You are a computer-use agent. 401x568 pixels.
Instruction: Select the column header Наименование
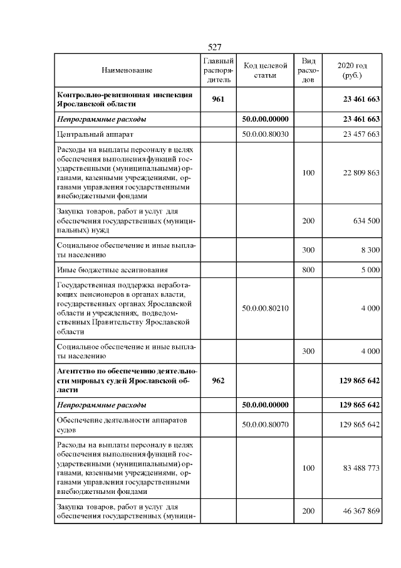pyautogui.click(x=127, y=71)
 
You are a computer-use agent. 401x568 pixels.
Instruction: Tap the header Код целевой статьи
pyautogui.click(x=265, y=71)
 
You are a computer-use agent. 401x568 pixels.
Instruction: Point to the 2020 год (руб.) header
pyautogui.click(x=352, y=71)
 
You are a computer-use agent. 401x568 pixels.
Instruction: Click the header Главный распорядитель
pyautogui.click(x=219, y=71)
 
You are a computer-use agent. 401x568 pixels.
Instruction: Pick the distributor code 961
pyautogui.click(x=219, y=99)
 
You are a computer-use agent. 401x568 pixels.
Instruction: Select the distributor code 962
pyautogui.click(x=219, y=381)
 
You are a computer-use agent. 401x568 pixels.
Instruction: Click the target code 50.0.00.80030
pyautogui.click(x=265, y=134)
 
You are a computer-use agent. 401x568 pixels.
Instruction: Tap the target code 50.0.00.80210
pyautogui.click(x=265, y=309)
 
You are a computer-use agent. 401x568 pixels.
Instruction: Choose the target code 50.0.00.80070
pyautogui.click(x=265, y=425)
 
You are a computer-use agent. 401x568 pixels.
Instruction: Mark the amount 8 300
pyautogui.click(x=370, y=250)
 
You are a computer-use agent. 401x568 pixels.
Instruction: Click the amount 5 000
pyautogui.click(x=370, y=271)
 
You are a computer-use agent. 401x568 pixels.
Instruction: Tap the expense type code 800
pyautogui.click(x=308, y=271)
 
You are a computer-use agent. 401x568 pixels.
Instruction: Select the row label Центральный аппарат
pyautogui.click(x=95, y=134)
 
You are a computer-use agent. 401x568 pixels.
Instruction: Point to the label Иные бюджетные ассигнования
pyautogui.click(x=112, y=271)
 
